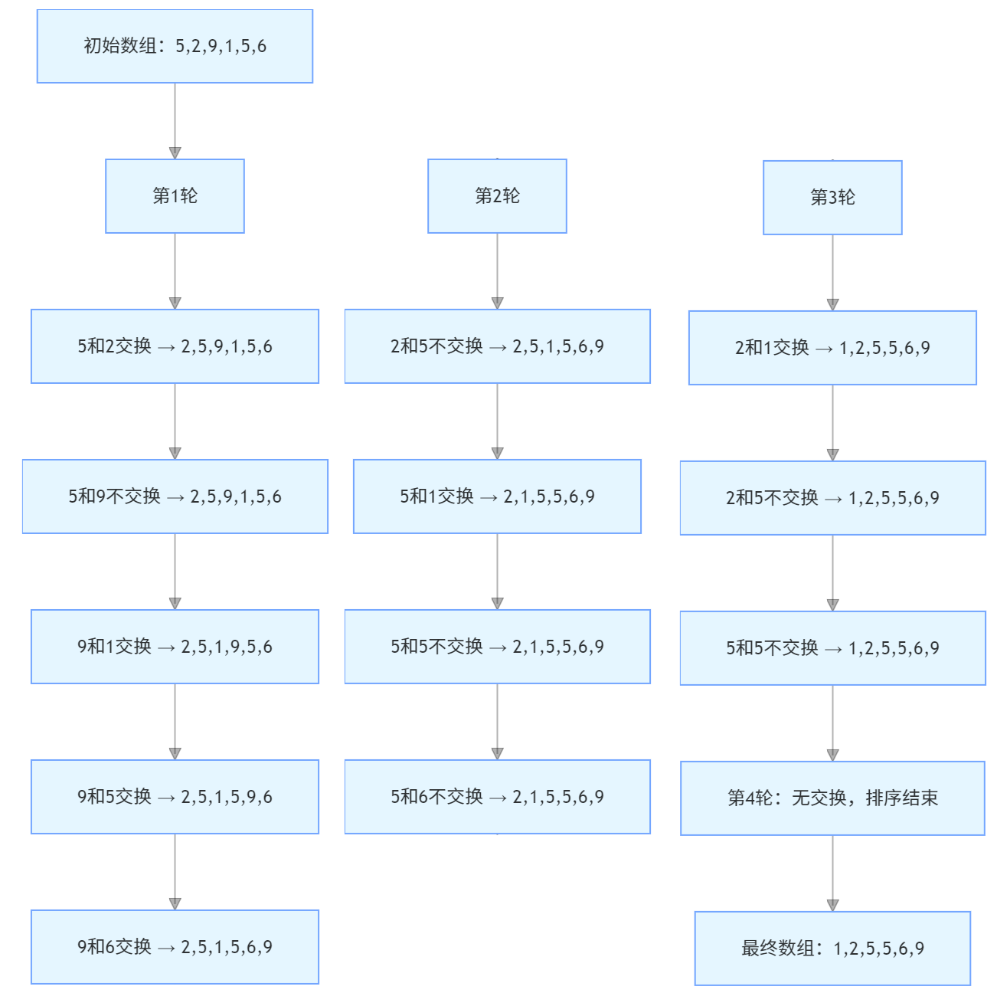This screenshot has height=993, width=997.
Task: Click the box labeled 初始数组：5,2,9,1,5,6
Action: coord(175,46)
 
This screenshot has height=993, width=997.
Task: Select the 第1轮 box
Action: coord(175,196)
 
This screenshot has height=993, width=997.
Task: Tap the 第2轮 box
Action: coord(497,196)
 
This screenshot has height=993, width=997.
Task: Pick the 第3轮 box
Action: coord(832,198)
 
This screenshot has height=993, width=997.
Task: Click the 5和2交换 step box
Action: coord(175,346)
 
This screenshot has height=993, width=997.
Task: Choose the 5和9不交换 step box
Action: coord(175,496)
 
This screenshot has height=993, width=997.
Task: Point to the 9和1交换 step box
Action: coord(175,647)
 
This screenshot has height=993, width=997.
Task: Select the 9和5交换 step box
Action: coord(175,797)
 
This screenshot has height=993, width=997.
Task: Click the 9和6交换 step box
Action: coord(175,947)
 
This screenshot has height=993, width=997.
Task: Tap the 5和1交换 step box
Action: coord(497,496)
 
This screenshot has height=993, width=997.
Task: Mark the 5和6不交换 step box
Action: coord(497,797)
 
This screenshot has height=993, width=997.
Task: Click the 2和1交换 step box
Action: coord(832,348)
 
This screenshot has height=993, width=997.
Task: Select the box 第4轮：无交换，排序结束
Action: coord(832,798)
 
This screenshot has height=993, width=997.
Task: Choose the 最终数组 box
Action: coord(832,949)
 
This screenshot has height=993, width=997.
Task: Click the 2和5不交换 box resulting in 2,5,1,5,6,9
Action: coord(497,346)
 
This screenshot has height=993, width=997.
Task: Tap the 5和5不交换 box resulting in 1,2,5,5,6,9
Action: coord(832,648)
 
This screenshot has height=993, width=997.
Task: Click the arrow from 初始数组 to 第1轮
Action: coord(175,120)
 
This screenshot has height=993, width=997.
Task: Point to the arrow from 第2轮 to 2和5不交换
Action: coord(497,270)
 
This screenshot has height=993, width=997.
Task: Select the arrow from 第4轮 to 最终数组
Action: coord(832,873)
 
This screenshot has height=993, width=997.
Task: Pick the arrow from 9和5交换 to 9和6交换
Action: coord(175,872)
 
